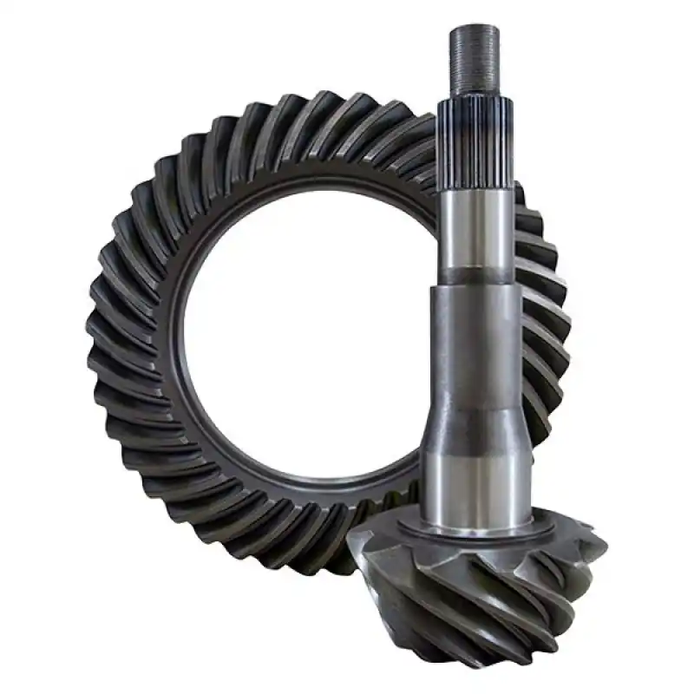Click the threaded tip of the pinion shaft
pyautogui.click(x=475, y=57)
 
